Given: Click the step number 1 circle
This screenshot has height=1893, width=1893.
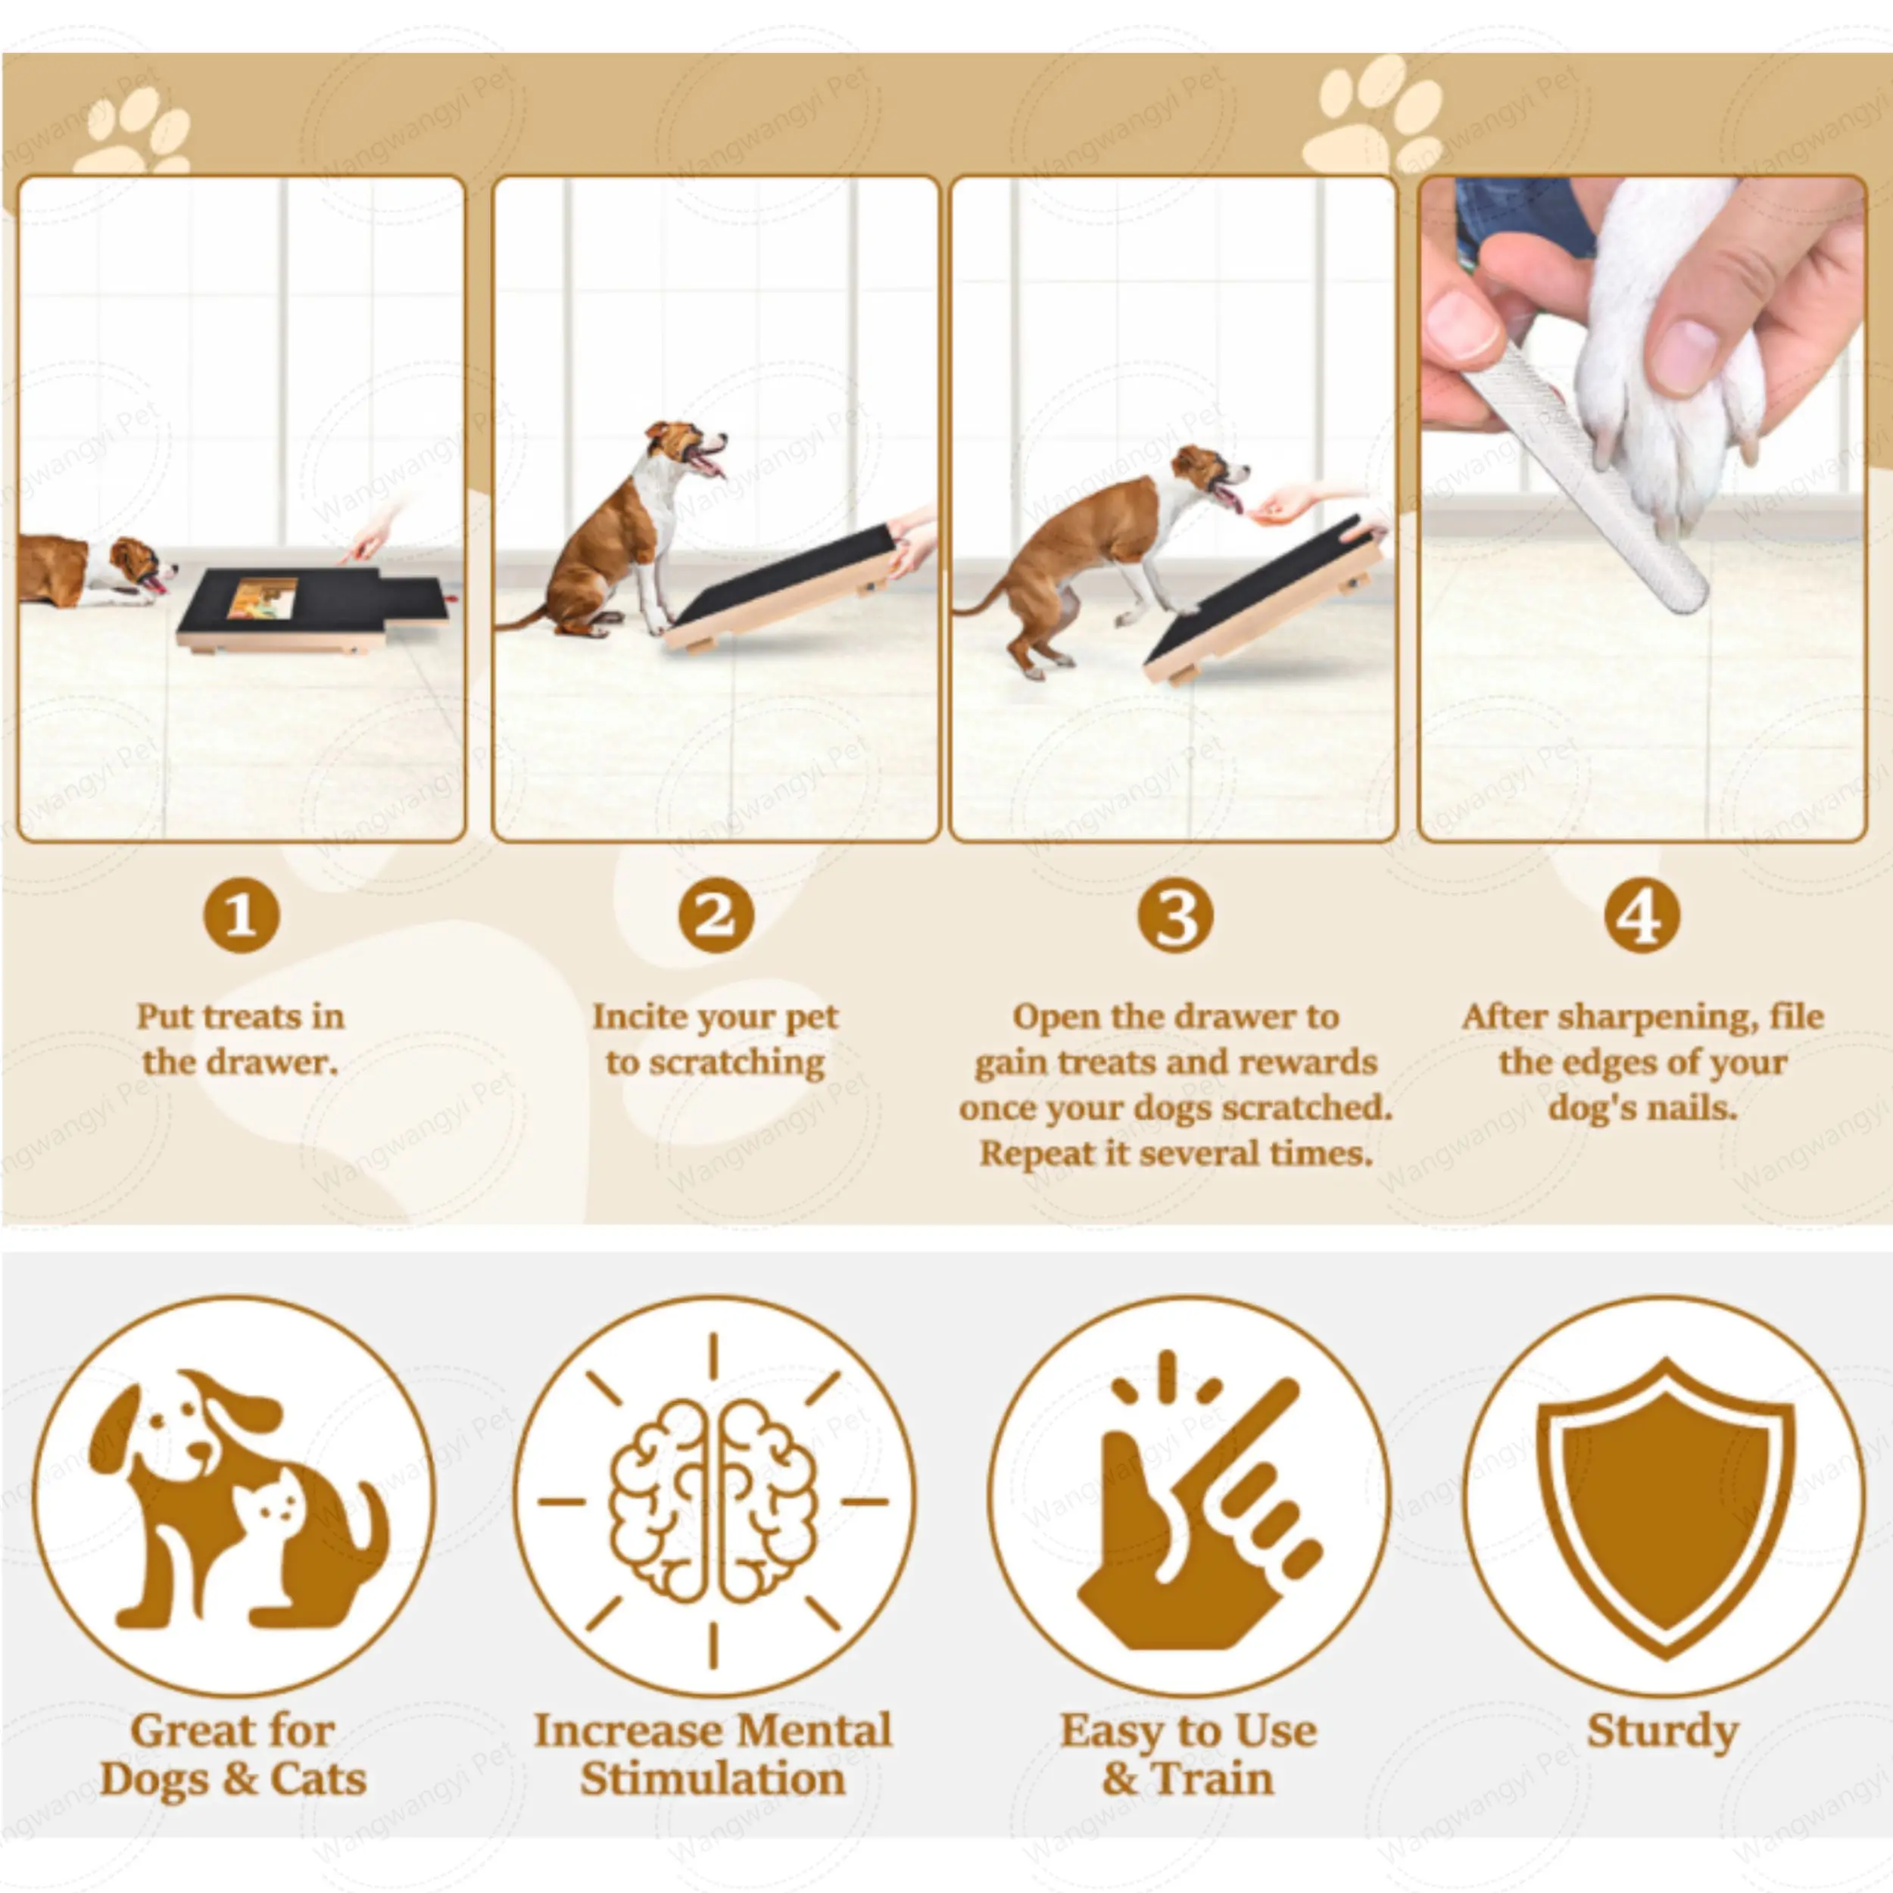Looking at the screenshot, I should click(241, 916).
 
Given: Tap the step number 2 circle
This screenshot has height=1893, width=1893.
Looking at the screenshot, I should click(716, 916).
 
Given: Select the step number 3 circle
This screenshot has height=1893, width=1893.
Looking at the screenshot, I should click(1175, 916).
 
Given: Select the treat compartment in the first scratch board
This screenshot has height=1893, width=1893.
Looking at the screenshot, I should click(263, 597).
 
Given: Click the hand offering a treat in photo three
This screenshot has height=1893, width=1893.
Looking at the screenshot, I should click(1283, 504).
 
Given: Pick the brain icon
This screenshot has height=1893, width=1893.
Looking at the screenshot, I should click(713, 1500).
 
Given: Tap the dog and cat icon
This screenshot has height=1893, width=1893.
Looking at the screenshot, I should click(235, 1500).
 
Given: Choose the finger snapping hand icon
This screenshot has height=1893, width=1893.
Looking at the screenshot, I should click(1190, 1509).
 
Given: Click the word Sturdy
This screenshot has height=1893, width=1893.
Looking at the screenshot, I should click(1663, 1731).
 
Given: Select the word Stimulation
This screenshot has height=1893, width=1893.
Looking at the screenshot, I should click(713, 1779).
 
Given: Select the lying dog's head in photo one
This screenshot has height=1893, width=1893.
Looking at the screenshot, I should click(137, 563).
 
